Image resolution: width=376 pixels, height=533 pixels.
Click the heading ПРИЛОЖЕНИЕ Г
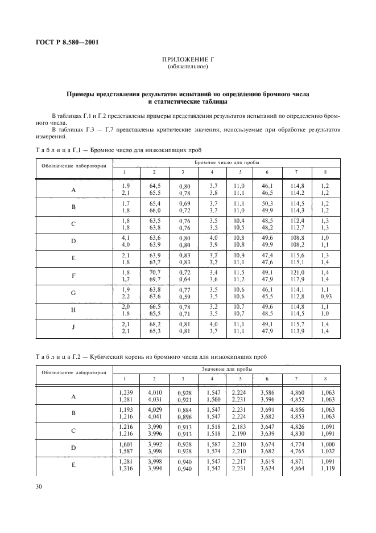pyautogui.click(x=188, y=59)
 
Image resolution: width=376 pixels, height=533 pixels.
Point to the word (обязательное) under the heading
pyautogui.click(x=188, y=67)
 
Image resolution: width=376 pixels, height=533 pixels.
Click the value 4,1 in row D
pyautogui.click(x=126, y=238)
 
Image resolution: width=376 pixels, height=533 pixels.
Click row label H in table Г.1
pyautogui.click(x=73, y=310)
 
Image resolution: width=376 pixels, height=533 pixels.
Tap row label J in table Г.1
pyautogui.click(x=73, y=327)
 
